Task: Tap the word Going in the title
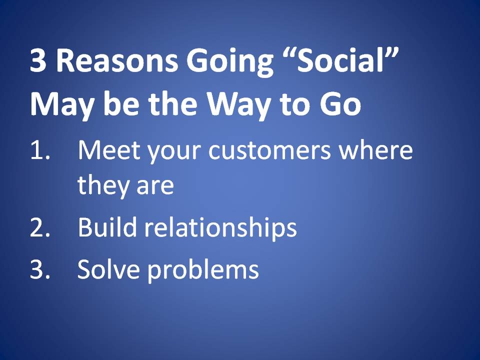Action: pyautogui.click(x=229, y=63)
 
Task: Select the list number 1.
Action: pyautogui.click(x=40, y=150)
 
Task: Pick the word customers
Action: pyautogui.click(x=269, y=150)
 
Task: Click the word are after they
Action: pyautogui.click(x=155, y=188)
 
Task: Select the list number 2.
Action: pyautogui.click(x=40, y=227)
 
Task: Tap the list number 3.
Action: pyautogui.click(x=40, y=269)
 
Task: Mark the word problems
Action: pyautogui.click(x=203, y=271)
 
